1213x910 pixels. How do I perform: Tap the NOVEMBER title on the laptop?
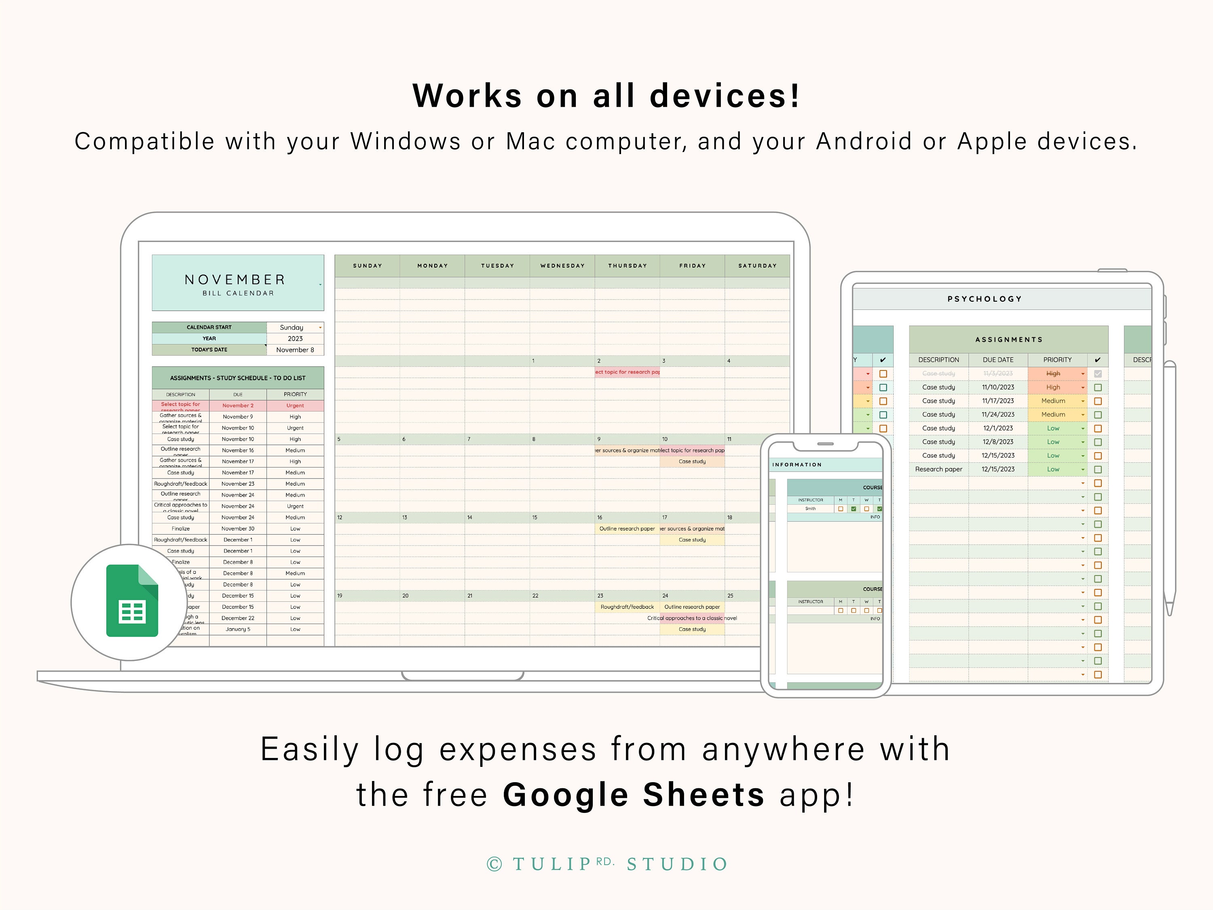[235, 280]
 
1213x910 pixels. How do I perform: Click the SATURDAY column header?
[757, 265]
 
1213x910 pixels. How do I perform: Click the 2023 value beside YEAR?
[295, 339]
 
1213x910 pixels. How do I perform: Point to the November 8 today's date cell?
[295, 350]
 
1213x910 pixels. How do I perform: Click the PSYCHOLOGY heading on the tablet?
[984, 299]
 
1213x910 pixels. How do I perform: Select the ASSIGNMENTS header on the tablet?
[1008, 340]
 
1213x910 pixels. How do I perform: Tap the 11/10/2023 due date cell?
[998, 387]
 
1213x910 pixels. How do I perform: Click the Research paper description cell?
[938, 469]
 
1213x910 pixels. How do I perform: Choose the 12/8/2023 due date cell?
[998, 442]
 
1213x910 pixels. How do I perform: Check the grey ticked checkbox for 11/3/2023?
[1097, 374]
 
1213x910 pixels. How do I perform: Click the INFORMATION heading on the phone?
[797, 465]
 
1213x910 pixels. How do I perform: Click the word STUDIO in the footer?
[677, 864]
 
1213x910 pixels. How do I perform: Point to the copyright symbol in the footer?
[494, 864]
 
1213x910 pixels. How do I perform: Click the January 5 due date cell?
[238, 629]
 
